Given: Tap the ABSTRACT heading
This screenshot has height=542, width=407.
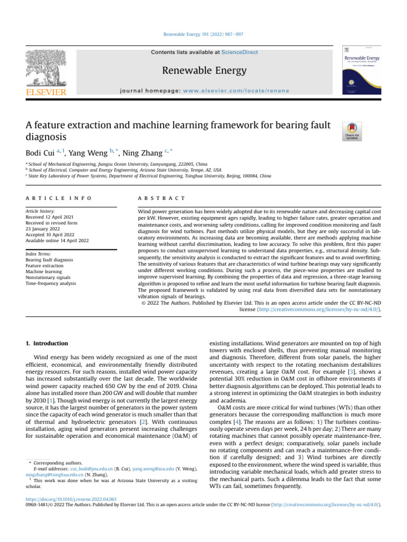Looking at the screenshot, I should coord(154,198).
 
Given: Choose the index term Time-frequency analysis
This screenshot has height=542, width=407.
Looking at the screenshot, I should coord(51,283).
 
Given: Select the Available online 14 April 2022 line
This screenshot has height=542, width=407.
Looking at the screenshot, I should coord(57,240).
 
